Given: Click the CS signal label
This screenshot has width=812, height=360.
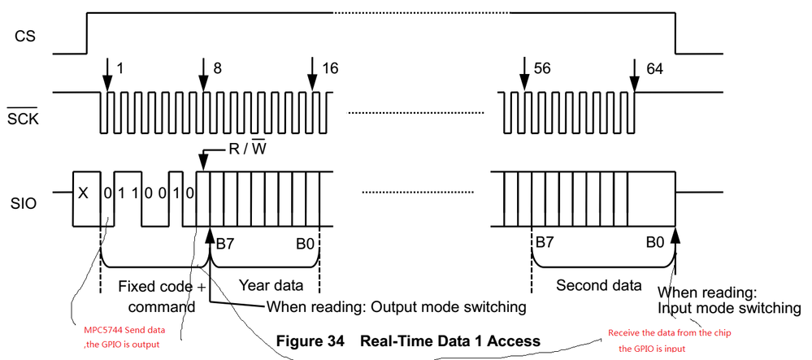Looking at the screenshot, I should point(24,37).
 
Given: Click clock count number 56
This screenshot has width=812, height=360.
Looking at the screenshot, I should point(542,67).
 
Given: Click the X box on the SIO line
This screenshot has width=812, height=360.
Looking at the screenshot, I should point(85,194).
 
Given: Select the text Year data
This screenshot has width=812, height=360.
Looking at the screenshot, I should point(270,285).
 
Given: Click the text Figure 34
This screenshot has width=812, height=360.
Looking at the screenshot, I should point(312,340).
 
